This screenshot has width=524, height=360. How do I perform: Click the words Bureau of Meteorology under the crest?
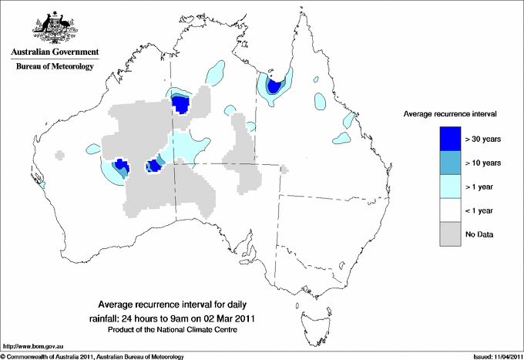tap(54, 67)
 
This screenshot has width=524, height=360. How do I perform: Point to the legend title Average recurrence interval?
tap(450, 113)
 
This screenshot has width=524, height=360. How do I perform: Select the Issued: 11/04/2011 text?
tap(490, 356)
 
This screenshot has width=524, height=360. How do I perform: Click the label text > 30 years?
tap(483, 138)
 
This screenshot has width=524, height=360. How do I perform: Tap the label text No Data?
tap(479, 234)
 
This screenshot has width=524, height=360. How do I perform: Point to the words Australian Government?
tap(54, 52)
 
